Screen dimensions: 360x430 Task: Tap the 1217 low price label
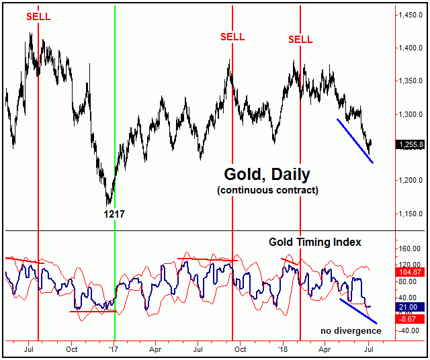[x=114, y=214]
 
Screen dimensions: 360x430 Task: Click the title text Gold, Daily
[x=267, y=175]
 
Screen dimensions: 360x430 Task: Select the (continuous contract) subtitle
[x=267, y=190]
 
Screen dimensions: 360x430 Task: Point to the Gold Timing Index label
[x=315, y=241]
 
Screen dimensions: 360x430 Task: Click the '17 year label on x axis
[x=114, y=349]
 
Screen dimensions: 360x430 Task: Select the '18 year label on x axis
[x=282, y=349]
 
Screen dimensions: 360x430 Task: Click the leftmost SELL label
[x=38, y=16]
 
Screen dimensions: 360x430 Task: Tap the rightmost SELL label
[x=300, y=39]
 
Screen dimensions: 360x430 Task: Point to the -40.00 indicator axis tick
[x=411, y=330]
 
